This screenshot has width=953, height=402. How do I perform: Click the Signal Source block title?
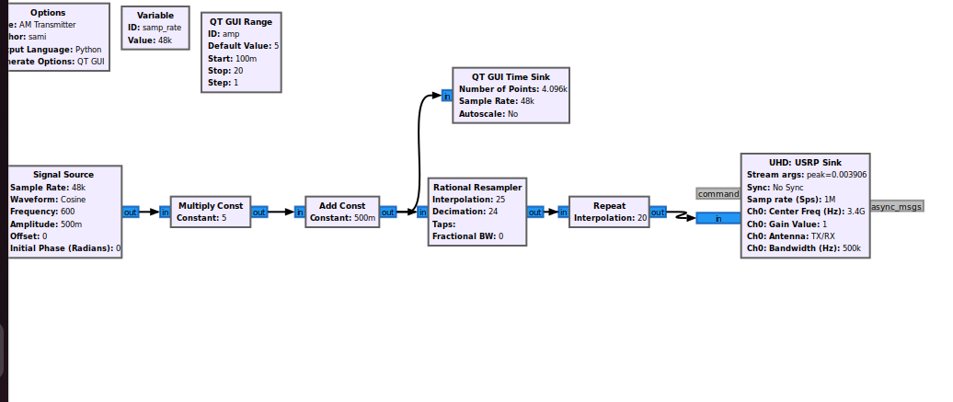pyautogui.click(x=63, y=174)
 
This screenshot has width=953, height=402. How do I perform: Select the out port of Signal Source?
pyautogui.click(x=131, y=212)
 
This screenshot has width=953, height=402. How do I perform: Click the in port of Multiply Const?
pyautogui.click(x=165, y=212)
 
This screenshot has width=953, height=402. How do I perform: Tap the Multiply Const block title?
pyautogui.click(x=211, y=205)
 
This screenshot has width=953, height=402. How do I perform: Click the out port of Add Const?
pyautogui.click(x=388, y=212)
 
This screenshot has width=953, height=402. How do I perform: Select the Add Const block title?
pyautogui.click(x=342, y=205)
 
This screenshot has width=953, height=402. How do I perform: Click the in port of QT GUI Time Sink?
pyautogui.click(x=446, y=96)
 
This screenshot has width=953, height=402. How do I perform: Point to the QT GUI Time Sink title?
pyautogui.click(x=511, y=76)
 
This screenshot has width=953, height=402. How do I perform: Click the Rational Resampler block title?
pyautogui.click(x=477, y=187)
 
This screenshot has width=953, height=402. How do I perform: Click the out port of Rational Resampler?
pyautogui.click(x=535, y=212)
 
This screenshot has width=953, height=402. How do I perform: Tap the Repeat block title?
pyautogui.click(x=609, y=205)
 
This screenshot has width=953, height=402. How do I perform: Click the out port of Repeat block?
pyautogui.click(x=658, y=212)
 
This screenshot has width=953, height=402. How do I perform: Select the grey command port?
pyautogui.click(x=718, y=194)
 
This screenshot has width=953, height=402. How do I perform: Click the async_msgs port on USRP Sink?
pyautogui.click(x=896, y=206)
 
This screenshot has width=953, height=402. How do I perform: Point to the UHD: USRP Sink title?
pyautogui.click(x=805, y=162)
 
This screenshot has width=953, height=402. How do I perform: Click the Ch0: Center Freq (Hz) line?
pyautogui.click(x=806, y=212)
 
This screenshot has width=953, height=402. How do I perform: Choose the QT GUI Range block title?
pyautogui.click(x=241, y=21)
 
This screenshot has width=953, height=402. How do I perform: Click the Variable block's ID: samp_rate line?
pyautogui.click(x=155, y=28)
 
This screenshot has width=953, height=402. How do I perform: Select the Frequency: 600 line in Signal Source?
pyautogui.click(x=42, y=212)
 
